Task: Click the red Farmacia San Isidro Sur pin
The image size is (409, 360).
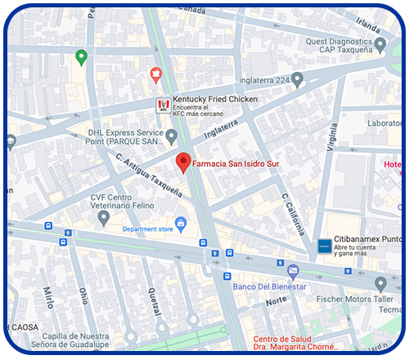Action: [184, 162]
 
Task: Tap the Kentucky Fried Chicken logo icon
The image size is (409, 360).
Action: [164, 105]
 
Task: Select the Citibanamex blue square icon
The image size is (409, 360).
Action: [324, 245]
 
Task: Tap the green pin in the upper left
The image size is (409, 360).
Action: [80, 57]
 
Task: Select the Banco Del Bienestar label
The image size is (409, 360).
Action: [270, 286]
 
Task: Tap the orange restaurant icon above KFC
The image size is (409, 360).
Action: [155, 75]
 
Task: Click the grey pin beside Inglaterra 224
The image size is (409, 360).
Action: [298, 79]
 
